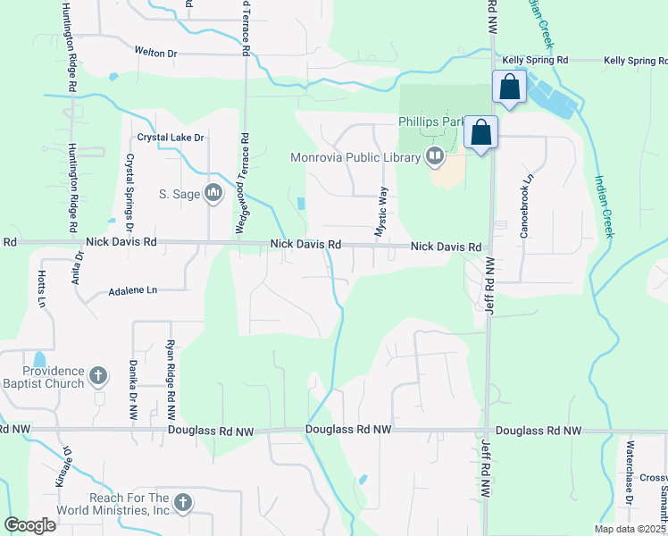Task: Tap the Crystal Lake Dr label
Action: pyautogui.click(x=171, y=138)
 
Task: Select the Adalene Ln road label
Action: pyautogui.click(x=132, y=291)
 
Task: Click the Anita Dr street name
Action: pyautogui.click(x=79, y=267)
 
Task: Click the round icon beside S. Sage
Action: pyautogui.click(x=213, y=193)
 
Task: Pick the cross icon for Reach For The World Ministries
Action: pyautogui.click(x=183, y=504)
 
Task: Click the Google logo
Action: pyautogui.click(x=29, y=525)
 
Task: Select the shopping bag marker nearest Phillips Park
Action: pyautogui.click(x=480, y=133)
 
